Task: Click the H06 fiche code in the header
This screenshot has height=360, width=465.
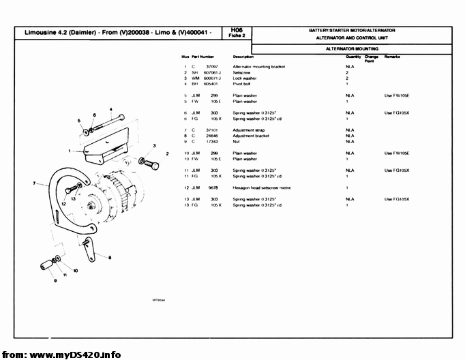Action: tap(237, 30)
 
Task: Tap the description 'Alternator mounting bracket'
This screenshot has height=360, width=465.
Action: tap(258, 67)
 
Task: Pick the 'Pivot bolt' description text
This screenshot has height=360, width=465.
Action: tap(242, 84)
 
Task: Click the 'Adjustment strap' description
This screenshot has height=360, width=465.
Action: tap(249, 130)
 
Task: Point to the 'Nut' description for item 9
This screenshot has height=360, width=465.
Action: tap(236, 141)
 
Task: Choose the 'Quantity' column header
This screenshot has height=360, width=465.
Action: tap(353, 56)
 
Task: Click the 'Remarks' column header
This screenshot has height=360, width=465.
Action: tap(392, 56)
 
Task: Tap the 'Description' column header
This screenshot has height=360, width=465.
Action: tap(243, 56)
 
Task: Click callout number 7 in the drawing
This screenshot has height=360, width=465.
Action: tap(34, 183)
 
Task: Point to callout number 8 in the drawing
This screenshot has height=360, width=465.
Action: tap(109, 257)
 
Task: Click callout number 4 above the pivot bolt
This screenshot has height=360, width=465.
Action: tap(110, 109)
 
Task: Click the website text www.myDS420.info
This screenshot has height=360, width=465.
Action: tap(75, 355)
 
